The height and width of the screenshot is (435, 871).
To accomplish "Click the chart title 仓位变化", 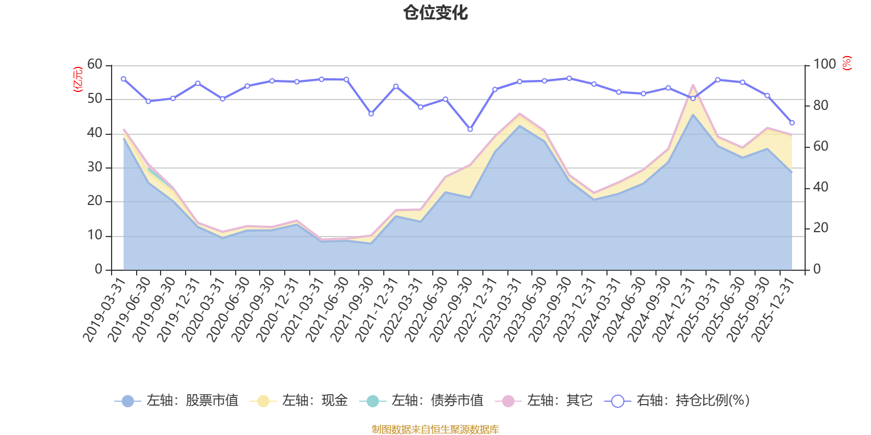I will [x=436, y=13].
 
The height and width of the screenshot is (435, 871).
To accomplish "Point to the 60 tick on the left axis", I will [x=95, y=65].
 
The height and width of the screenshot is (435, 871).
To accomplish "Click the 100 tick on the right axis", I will [x=824, y=65].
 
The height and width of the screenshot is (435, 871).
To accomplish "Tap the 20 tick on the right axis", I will [x=821, y=228].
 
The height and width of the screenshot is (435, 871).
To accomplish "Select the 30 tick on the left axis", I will [x=95, y=167].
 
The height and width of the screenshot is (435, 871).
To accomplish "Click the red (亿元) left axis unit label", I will [x=78, y=79].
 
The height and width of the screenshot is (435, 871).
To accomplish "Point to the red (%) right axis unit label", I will [x=847, y=63].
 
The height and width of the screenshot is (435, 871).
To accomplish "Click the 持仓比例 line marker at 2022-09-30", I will [x=470, y=129].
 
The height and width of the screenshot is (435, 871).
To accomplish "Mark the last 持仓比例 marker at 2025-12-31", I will [x=792, y=123].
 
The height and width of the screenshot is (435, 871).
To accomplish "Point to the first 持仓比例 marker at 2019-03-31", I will [x=124, y=79].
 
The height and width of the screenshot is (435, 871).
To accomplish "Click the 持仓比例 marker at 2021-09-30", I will [x=371, y=114].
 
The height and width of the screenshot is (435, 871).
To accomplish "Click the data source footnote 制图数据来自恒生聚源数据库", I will [x=436, y=430].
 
